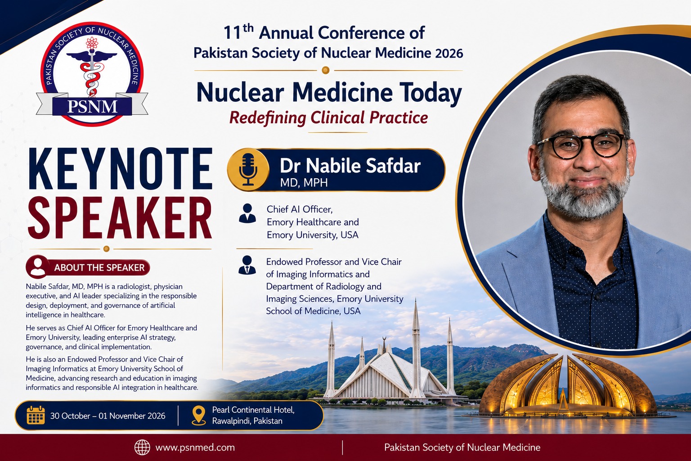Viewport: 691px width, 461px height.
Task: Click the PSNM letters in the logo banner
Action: (92, 107)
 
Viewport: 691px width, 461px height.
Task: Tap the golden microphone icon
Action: (248, 170)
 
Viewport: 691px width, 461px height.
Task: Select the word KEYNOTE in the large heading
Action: (120, 168)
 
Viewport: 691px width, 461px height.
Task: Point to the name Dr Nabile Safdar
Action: (350, 166)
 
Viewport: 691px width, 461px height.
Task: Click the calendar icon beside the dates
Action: (36, 415)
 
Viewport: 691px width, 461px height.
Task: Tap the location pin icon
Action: (199, 415)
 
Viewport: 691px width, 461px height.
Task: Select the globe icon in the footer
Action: (142, 447)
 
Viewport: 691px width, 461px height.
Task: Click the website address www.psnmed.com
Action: (195, 447)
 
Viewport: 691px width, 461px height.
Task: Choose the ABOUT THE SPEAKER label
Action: (99, 267)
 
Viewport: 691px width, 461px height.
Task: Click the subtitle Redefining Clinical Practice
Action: (328, 118)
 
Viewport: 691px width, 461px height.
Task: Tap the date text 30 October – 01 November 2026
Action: (108, 416)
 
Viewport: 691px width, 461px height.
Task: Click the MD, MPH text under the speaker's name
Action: (304, 183)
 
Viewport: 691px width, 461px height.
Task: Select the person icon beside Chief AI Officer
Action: (247, 213)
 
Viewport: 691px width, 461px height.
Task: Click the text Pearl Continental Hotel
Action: (253, 410)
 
